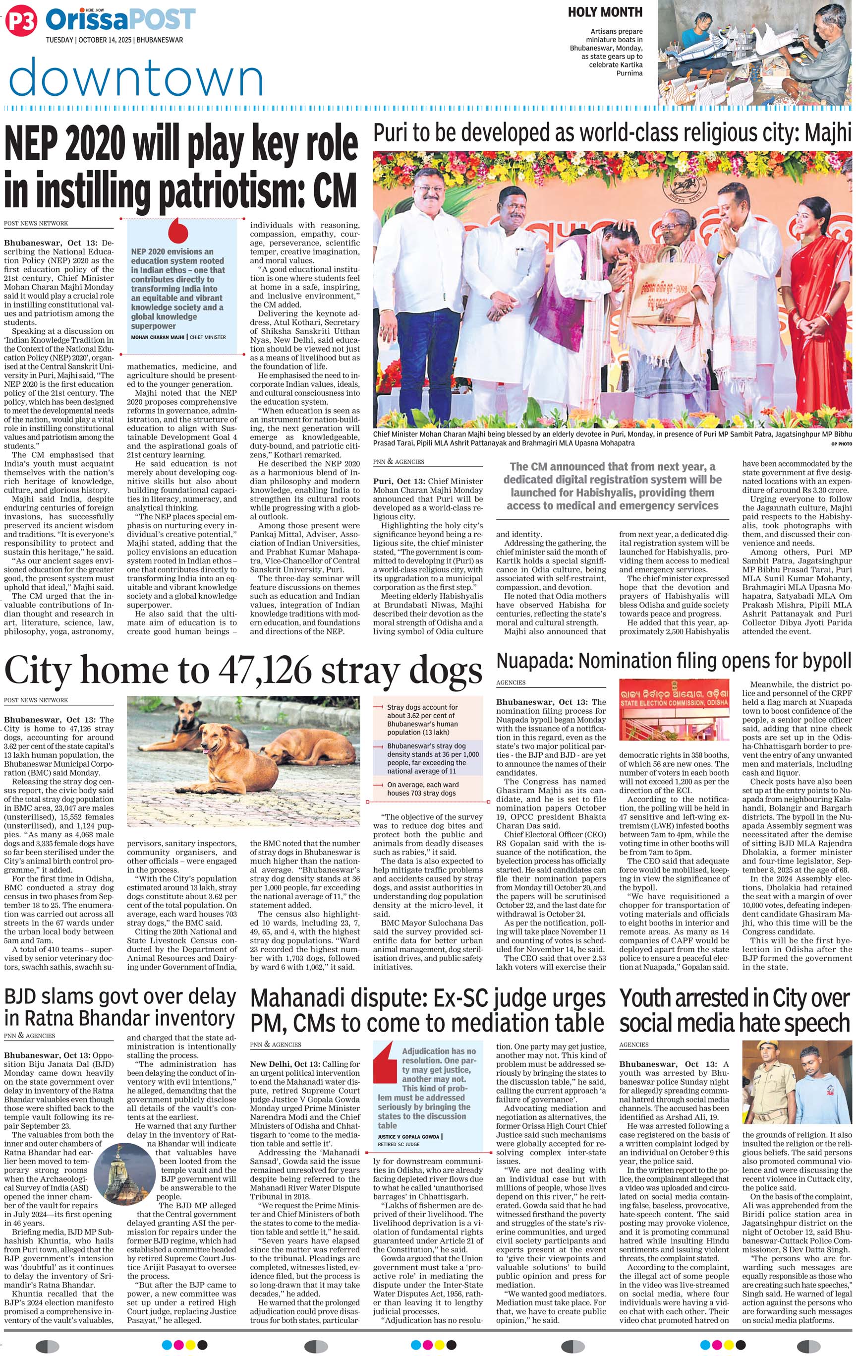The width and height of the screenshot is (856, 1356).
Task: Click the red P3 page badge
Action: (x=21, y=21)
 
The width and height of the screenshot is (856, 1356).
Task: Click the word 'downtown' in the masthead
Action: (x=136, y=78)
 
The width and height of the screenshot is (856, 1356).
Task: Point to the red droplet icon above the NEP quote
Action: (x=178, y=230)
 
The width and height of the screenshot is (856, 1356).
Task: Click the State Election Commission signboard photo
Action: (x=674, y=714)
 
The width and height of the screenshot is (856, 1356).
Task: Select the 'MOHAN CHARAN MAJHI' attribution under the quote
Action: (x=158, y=337)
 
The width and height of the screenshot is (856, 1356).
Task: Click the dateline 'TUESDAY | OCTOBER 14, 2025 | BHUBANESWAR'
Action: (x=114, y=40)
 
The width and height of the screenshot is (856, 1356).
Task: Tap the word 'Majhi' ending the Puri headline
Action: (x=827, y=133)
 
